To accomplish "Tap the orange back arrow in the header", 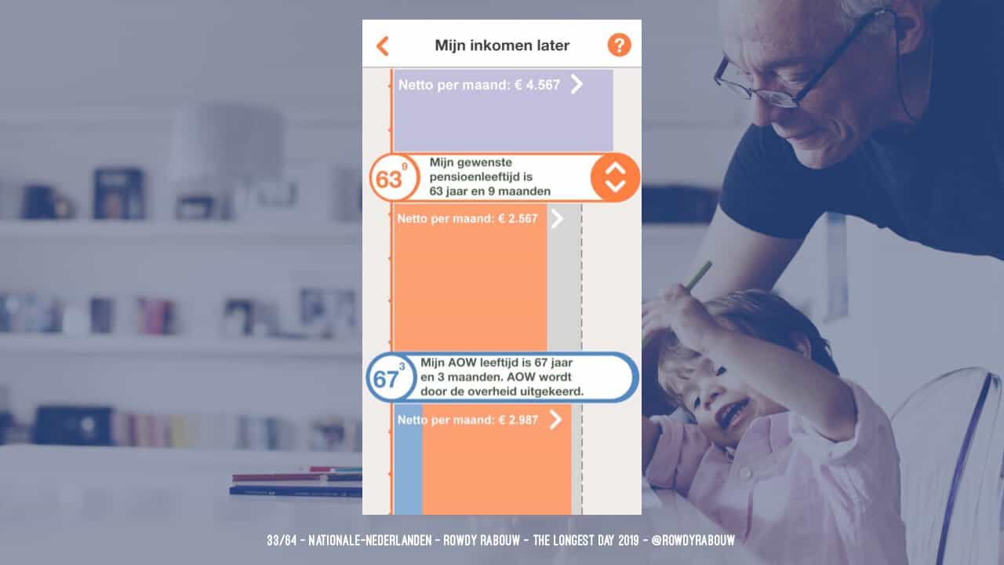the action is (382, 46).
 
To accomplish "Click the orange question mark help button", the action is (620, 45).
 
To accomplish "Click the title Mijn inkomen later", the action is (502, 46).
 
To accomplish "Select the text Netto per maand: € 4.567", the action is (479, 85).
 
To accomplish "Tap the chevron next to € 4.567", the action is (577, 84).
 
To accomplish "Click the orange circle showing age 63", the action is (394, 177).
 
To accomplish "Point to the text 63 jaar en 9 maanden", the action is (490, 191).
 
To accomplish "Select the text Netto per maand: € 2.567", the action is (467, 219).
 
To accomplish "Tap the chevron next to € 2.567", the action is (557, 219).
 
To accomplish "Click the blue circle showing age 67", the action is (391, 377).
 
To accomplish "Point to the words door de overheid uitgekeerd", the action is (502, 392).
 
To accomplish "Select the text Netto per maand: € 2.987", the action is (467, 420).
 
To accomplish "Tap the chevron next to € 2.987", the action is (556, 420).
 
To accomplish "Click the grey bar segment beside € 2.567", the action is (564, 277).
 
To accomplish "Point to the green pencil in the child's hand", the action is (700, 275).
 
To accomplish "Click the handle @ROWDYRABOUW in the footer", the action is (693, 541).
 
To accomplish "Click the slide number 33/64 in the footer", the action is (282, 541).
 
